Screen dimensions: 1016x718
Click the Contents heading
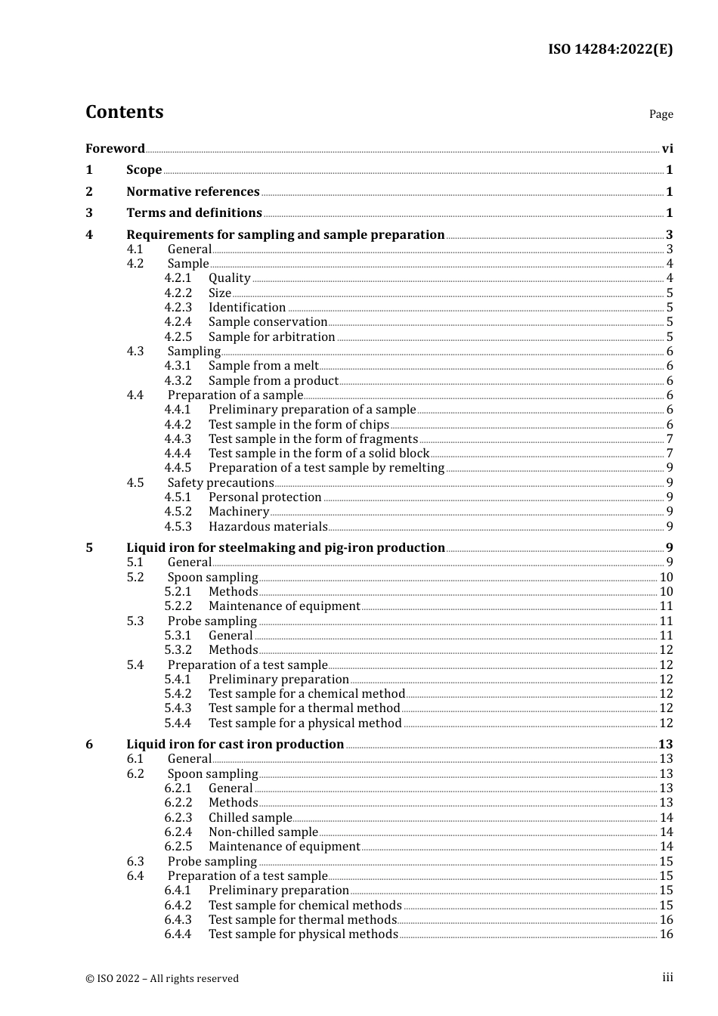click(x=124, y=112)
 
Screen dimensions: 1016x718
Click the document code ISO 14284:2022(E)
click(x=610, y=49)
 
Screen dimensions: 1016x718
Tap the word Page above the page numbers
click(x=661, y=114)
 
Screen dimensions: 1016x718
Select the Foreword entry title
click(x=115, y=148)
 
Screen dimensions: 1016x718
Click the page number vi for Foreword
click(x=667, y=148)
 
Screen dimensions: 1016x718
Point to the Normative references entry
click(x=193, y=191)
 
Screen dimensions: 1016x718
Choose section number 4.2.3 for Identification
click(x=178, y=307)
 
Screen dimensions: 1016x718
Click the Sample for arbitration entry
click(x=271, y=336)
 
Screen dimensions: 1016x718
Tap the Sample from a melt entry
click(x=263, y=366)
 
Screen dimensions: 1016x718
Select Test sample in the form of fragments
click(x=313, y=438)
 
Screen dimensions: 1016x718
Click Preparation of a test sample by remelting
click(x=327, y=468)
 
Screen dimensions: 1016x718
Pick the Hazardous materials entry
click(x=268, y=526)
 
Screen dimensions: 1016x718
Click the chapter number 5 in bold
click(x=89, y=547)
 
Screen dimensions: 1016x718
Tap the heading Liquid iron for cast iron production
click(x=235, y=744)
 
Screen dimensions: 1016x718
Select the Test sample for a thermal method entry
click(x=304, y=708)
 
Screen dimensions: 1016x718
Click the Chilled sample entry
click(x=250, y=817)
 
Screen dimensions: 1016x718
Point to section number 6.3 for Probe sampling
click(x=135, y=861)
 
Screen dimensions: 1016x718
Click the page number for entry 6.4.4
click(x=666, y=934)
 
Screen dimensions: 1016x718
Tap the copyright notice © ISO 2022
click(x=162, y=978)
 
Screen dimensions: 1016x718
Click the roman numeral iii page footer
click(x=667, y=977)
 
